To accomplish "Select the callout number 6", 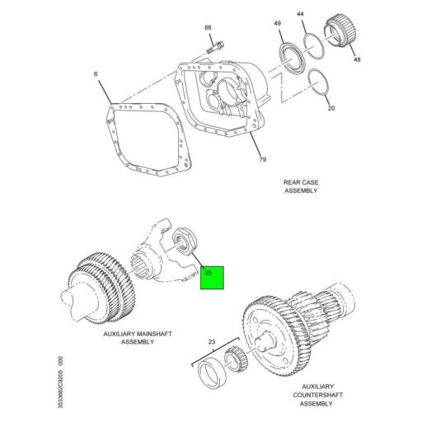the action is coord(96,75).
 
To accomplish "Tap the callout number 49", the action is coord(278,22).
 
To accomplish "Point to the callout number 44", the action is coord(300,14).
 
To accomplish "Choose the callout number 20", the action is coord(331,108).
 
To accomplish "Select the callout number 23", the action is coord(211,340).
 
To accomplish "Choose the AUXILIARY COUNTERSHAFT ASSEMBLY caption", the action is coord(317,396).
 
